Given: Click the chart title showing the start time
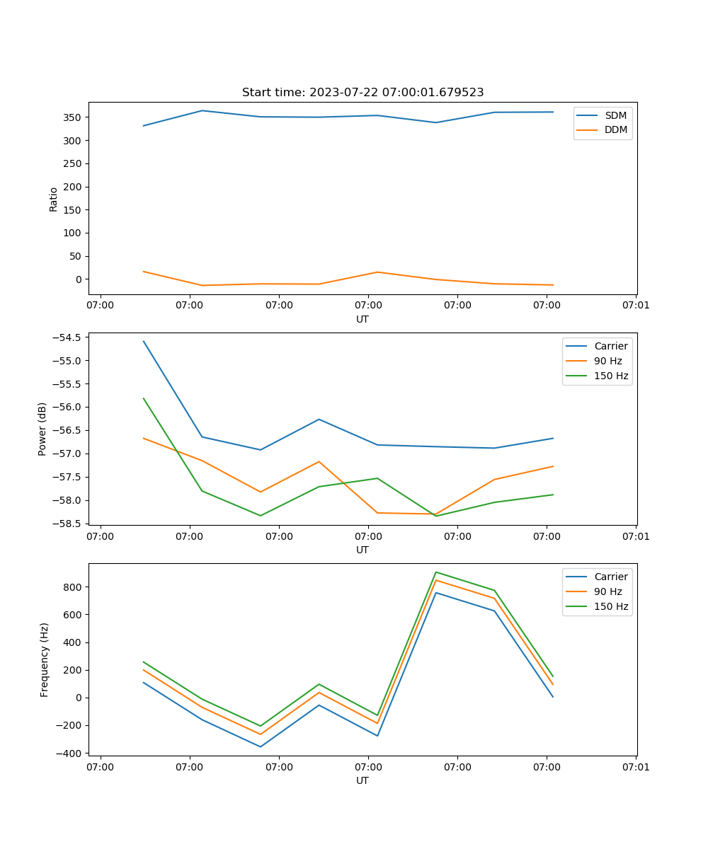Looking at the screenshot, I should click(362, 93).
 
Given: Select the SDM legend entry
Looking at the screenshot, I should click(615, 115).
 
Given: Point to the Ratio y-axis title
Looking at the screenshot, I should click(54, 199).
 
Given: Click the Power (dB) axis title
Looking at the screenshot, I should click(42, 429).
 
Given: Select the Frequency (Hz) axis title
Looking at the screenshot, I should click(44, 659).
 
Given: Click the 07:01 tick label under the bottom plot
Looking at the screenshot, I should click(635, 767).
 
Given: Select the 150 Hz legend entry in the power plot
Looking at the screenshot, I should click(611, 376).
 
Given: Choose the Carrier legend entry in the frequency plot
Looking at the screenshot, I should click(610, 577).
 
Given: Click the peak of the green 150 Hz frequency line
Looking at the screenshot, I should click(435, 572).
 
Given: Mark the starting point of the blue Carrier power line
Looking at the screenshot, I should click(144, 341).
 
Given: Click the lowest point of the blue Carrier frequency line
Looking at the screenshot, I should click(261, 746).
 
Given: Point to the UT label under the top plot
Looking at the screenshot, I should click(362, 319).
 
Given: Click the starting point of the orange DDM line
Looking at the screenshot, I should click(144, 272).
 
